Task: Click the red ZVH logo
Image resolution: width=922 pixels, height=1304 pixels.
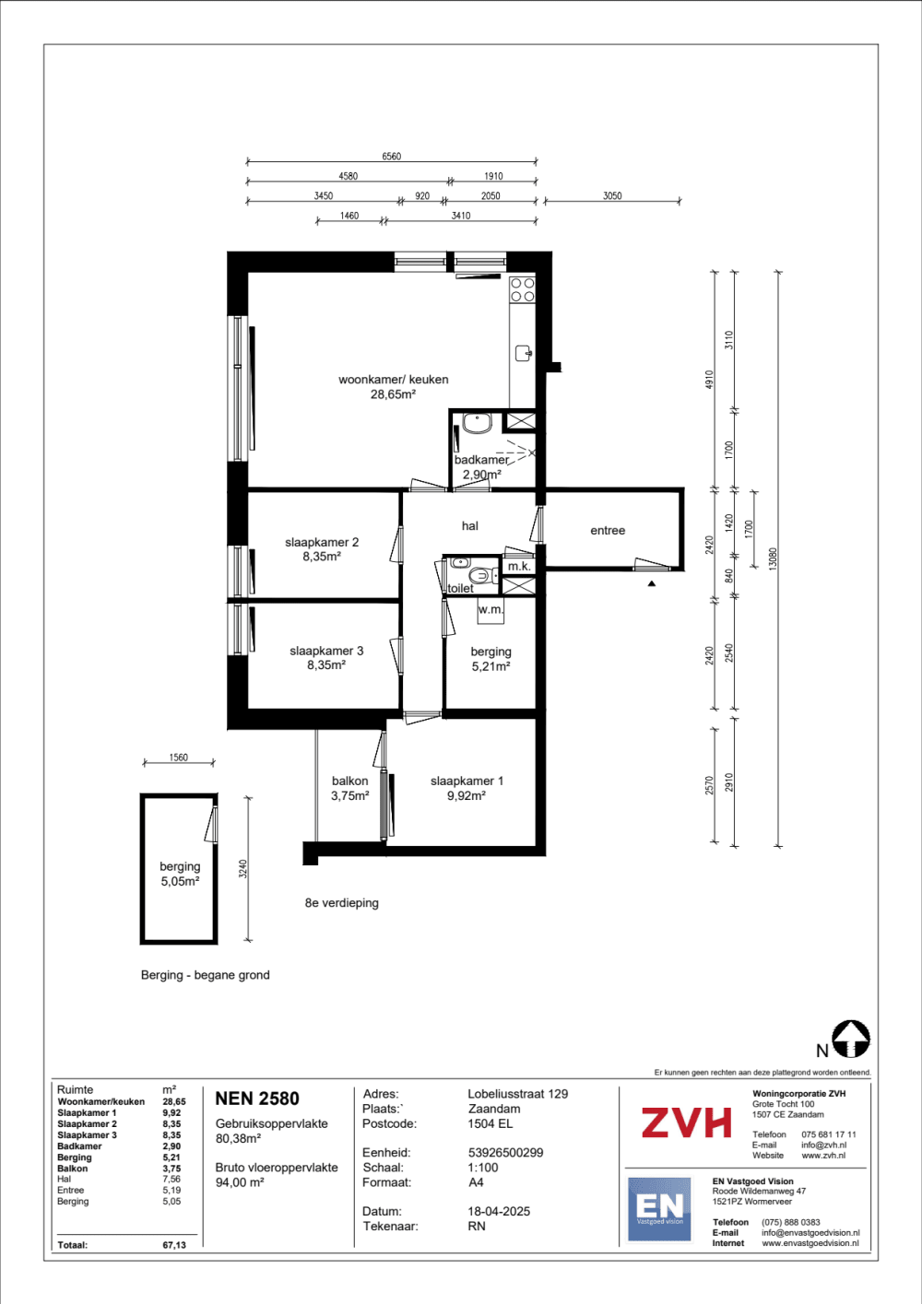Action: (x=686, y=1122)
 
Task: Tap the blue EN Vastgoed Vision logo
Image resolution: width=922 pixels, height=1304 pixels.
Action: (x=659, y=1208)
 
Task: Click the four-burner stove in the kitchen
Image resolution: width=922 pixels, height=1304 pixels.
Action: (x=522, y=290)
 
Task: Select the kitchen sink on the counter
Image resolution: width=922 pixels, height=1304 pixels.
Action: (x=523, y=353)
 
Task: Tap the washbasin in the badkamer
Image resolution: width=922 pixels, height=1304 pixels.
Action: (x=477, y=423)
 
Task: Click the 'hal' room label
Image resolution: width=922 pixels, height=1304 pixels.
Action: (x=470, y=525)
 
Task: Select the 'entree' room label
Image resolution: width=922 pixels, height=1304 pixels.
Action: (x=608, y=530)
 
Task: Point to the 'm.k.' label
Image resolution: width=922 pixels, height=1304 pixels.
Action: (x=519, y=566)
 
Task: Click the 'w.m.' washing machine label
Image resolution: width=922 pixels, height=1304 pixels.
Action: (x=491, y=609)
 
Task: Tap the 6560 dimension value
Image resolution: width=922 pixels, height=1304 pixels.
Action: (x=392, y=156)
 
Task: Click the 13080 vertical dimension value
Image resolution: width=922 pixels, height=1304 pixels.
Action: (x=773, y=558)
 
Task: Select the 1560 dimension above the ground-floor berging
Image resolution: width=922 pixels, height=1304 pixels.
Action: (x=178, y=758)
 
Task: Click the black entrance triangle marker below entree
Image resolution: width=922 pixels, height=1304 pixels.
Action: (x=651, y=582)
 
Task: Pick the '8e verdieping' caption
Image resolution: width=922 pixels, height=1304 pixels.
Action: (x=341, y=903)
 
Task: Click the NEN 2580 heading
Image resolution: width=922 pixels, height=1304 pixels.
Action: (x=257, y=1098)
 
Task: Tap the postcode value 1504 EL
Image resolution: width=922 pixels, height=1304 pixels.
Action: (x=490, y=1123)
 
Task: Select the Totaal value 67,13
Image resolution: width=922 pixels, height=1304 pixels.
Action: (x=174, y=1245)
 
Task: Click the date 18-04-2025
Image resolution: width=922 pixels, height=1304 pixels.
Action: (x=499, y=1212)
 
